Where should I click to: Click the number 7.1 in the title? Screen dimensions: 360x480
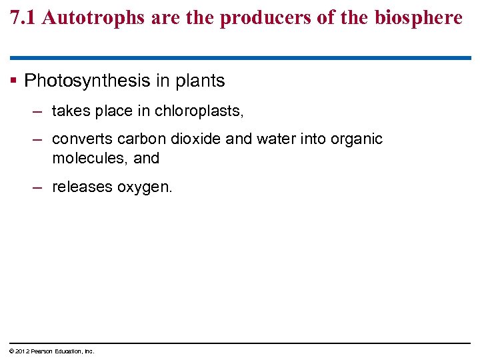pos(23,18)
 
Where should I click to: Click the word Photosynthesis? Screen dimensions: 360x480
pos(87,81)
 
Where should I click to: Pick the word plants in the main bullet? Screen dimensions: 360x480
pos(200,81)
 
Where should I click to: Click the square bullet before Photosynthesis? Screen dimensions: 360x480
pos(13,81)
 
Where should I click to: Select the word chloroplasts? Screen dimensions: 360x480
pos(199,111)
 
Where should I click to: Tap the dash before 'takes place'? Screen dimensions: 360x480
pos(38,111)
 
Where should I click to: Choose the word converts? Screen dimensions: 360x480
pos(82,139)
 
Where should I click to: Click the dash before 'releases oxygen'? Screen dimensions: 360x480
pos(38,187)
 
